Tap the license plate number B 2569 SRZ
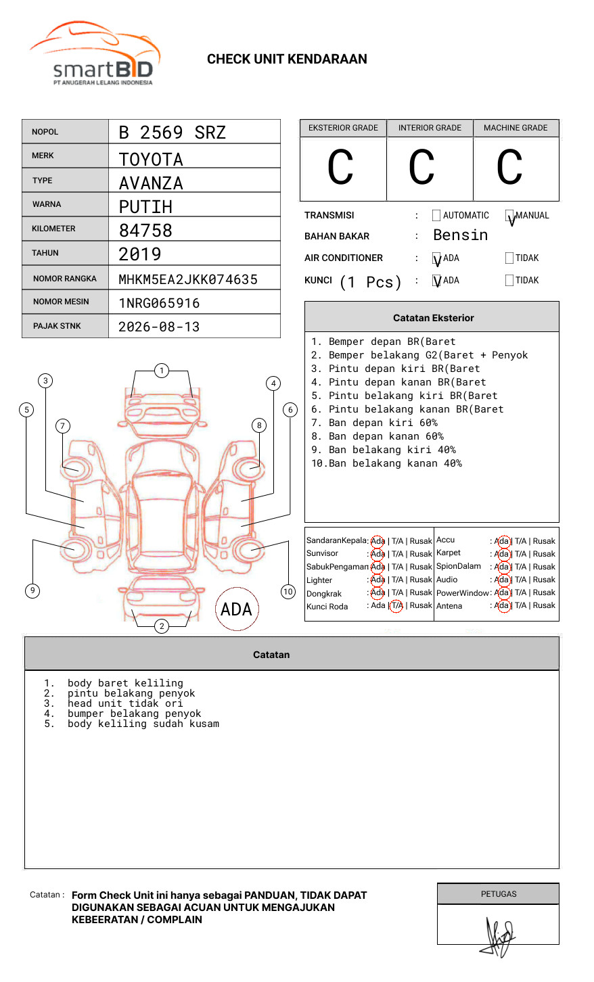(172, 133)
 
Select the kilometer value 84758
(145, 231)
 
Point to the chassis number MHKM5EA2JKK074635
(188, 279)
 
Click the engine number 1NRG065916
(159, 303)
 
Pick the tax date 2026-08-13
(159, 327)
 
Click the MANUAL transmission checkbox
(509, 216)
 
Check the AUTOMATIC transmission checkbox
(436, 216)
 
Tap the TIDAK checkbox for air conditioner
(509, 258)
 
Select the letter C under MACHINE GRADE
(509, 168)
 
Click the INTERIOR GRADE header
(430, 128)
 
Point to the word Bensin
(460, 235)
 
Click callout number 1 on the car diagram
(161, 370)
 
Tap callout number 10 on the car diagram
(288, 592)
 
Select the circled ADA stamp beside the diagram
(236, 609)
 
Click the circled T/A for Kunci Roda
(396, 606)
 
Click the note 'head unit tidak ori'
(125, 703)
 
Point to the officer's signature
(499, 936)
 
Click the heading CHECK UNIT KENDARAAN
(287, 60)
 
